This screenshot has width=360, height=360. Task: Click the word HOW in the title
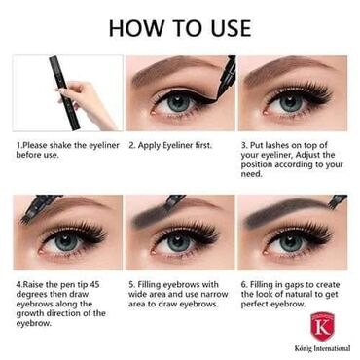click(x=136, y=28)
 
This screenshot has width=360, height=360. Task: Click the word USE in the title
click(x=232, y=28)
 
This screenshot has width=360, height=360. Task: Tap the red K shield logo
click(x=322, y=327)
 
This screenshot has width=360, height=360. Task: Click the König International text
click(x=322, y=349)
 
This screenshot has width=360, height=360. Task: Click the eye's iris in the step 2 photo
click(x=178, y=102)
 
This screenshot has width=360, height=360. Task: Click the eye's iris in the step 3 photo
click(x=290, y=102)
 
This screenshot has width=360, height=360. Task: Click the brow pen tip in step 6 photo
click(x=336, y=201)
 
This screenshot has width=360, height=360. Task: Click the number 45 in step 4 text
click(x=94, y=285)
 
